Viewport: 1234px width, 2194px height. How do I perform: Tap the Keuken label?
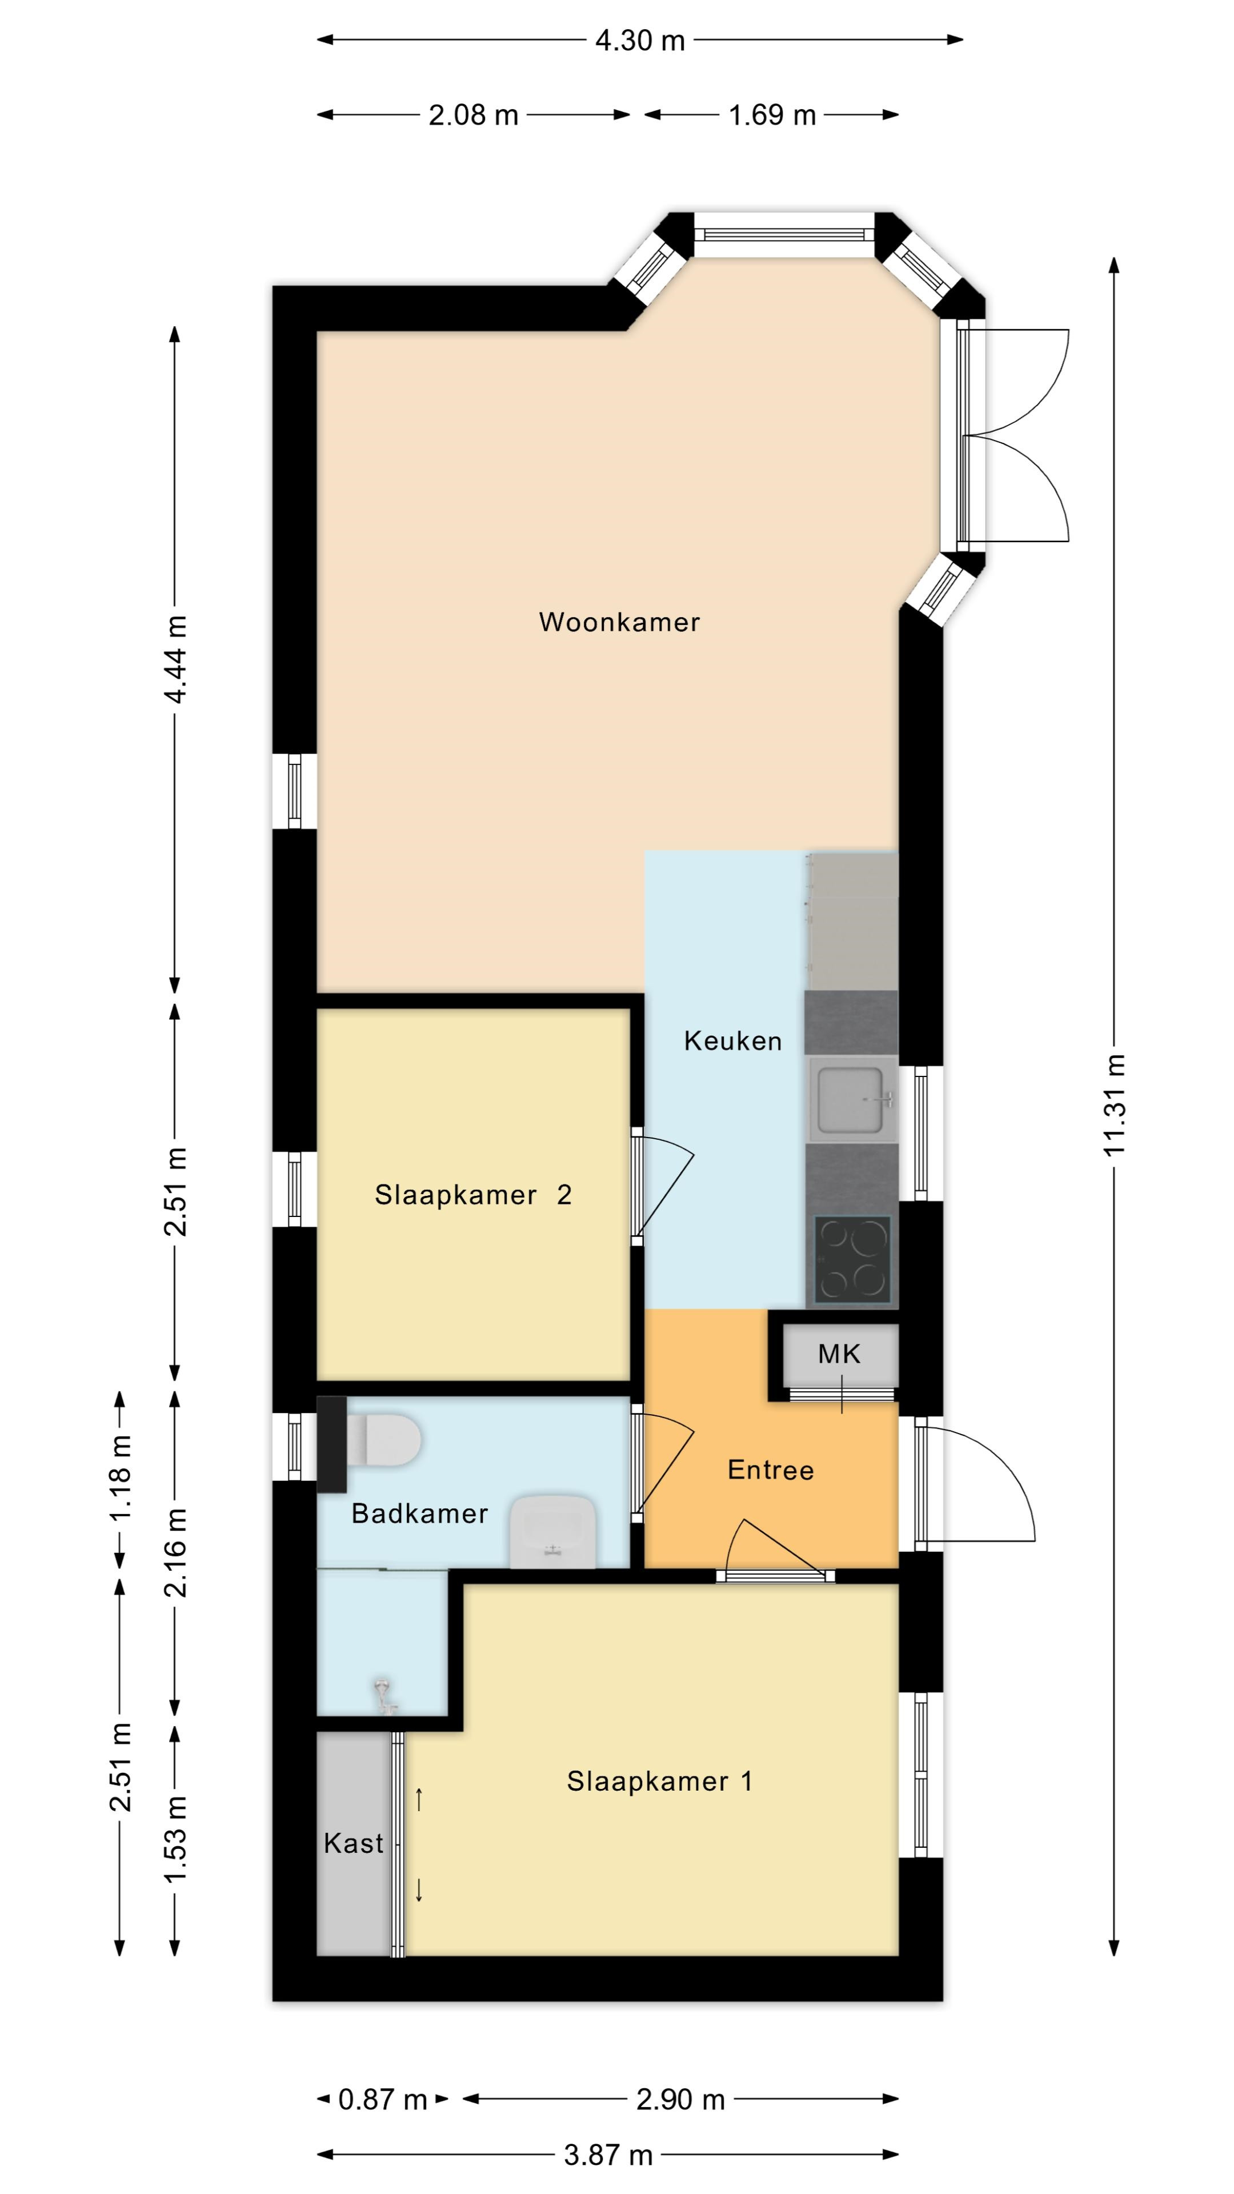pos(732,1041)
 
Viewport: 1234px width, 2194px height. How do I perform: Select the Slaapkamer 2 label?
pos(472,1195)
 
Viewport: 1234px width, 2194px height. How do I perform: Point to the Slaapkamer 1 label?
pos(660,1781)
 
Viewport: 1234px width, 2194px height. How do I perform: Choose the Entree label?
pos(771,1470)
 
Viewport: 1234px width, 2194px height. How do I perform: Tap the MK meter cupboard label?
pos(839,1354)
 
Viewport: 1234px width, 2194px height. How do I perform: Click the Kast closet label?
pos(354,1843)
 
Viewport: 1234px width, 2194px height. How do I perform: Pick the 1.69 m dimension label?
pos(772,115)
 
